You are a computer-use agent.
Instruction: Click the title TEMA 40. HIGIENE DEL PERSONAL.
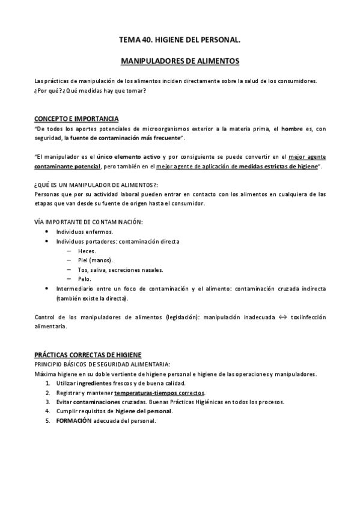(x=180, y=41)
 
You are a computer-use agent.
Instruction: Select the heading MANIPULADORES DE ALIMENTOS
(x=180, y=61)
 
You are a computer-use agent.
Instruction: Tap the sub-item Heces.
(x=87, y=251)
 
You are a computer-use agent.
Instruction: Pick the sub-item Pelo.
(x=85, y=279)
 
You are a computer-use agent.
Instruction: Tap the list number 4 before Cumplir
(x=47, y=411)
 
